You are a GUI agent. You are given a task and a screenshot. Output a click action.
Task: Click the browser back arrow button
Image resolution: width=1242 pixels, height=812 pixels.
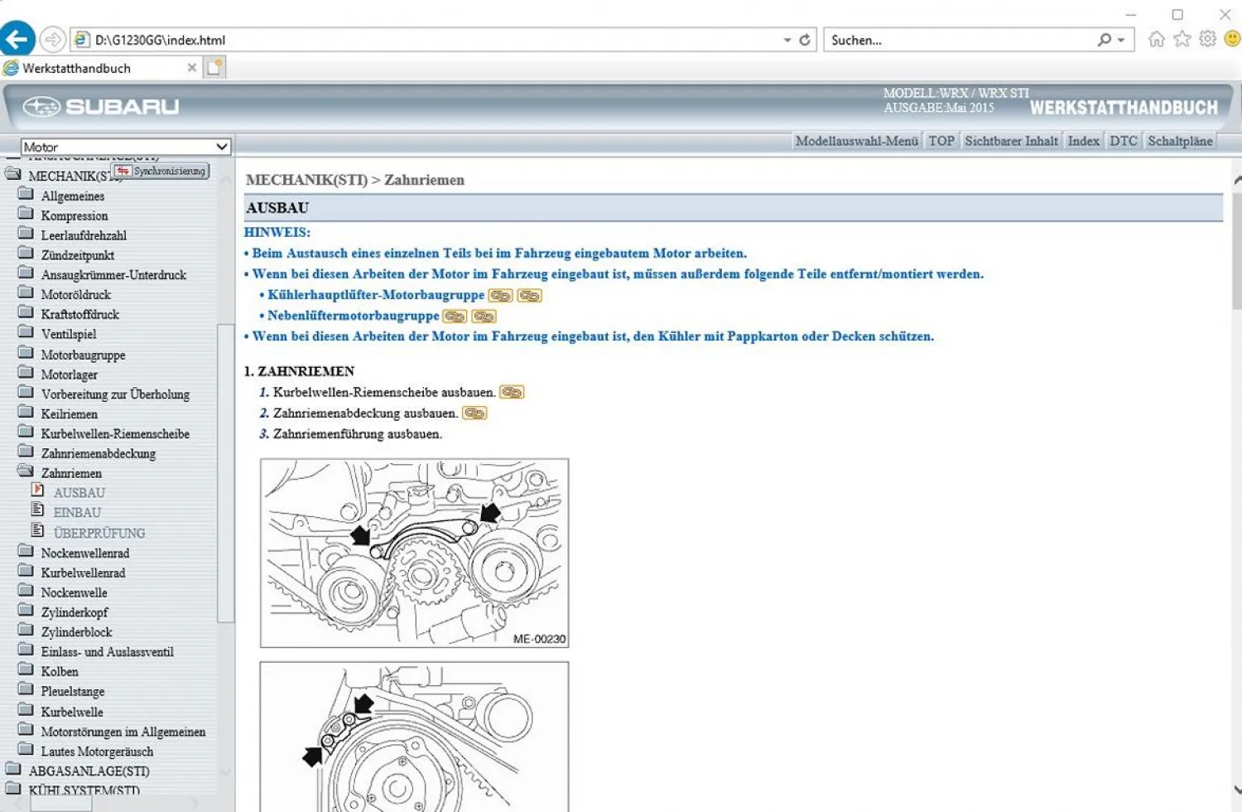(x=17, y=39)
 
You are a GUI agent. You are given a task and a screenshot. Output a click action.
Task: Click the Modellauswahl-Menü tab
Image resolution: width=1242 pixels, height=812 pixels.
(x=856, y=141)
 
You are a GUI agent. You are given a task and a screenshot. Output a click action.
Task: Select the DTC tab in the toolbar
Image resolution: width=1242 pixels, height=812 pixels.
(x=1123, y=141)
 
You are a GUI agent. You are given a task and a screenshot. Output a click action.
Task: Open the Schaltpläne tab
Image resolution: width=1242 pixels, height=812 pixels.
(x=1180, y=141)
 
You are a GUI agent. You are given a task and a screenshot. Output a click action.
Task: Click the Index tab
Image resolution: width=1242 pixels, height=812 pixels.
(x=1083, y=141)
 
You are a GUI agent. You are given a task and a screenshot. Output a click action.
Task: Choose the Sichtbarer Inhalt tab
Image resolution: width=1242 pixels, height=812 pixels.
(x=1011, y=141)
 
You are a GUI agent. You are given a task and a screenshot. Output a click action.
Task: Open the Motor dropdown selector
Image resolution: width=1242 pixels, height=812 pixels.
(x=125, y=147)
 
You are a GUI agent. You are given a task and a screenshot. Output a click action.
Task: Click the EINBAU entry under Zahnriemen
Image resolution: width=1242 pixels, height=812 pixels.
(x=77, y=513)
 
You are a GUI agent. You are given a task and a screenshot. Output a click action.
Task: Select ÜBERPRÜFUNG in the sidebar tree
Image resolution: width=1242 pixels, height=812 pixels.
(x=99, y=533)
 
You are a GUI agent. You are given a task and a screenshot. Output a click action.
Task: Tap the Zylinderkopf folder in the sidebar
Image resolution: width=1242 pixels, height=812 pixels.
(x=75, y=612)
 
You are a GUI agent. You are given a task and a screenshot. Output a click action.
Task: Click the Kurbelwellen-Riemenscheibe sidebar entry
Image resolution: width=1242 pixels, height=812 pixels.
(x=115, y=433)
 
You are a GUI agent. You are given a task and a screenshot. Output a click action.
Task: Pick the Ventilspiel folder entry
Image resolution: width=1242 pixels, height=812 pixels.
(x=69, y=334)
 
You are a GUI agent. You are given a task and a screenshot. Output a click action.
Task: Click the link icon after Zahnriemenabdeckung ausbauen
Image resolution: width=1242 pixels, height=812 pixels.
(x=474, y=413)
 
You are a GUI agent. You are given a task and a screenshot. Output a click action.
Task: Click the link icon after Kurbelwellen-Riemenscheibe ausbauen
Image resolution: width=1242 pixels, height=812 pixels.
(x=512, y=392)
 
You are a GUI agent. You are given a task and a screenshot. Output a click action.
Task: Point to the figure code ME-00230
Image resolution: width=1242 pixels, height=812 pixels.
(x=539, y=639)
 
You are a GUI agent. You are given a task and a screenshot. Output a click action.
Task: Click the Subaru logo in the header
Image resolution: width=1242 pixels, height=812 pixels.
(x=101, y=107)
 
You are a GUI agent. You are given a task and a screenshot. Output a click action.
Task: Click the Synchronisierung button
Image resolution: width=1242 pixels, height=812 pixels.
(x=161, y=171)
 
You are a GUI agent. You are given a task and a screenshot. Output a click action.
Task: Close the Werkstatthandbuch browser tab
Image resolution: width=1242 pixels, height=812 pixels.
(x=192, y=68)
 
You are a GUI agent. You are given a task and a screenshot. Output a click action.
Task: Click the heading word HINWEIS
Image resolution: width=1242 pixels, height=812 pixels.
(x=277, y=232)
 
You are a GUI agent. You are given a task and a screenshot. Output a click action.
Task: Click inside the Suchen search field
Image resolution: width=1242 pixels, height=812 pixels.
(x=960, y=40)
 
